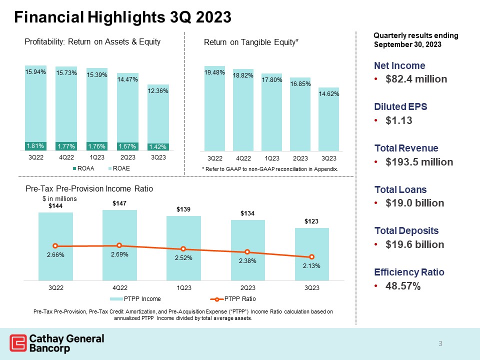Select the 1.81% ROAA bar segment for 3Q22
coord(35,146)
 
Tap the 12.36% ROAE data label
coord(158,91)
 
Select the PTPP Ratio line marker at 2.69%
coord(119,245)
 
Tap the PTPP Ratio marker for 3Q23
coord(311,256)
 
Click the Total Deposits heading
coord(406,231)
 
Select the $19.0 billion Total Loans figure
coord(412,203)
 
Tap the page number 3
coord(440,343)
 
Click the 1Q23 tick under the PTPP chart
coord(183,288)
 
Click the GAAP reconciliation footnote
coord(270,169)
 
